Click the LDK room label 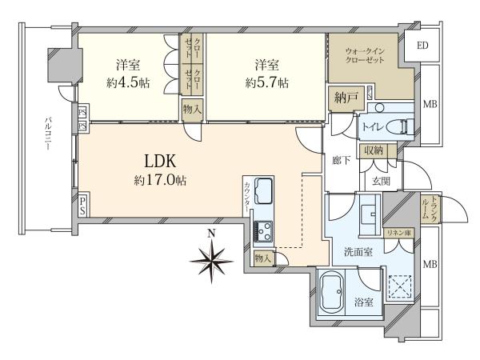tap(160, 162)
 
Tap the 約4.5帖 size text tap(128, 82)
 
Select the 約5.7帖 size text tap(267, 82)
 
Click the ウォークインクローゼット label tap(365, 55)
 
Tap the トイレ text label tap(372, 126)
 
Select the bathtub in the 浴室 tap(331, 292)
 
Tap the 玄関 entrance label tap(381, 182)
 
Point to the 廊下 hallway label tap(341, 160)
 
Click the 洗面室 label tap(358, 252)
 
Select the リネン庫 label tap(399, 233)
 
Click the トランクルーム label tap(429, 208)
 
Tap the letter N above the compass tap(211, 234)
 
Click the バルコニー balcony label tap(47, 134)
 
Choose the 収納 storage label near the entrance tap(374, 150)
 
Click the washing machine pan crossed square tap(400, 286)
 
